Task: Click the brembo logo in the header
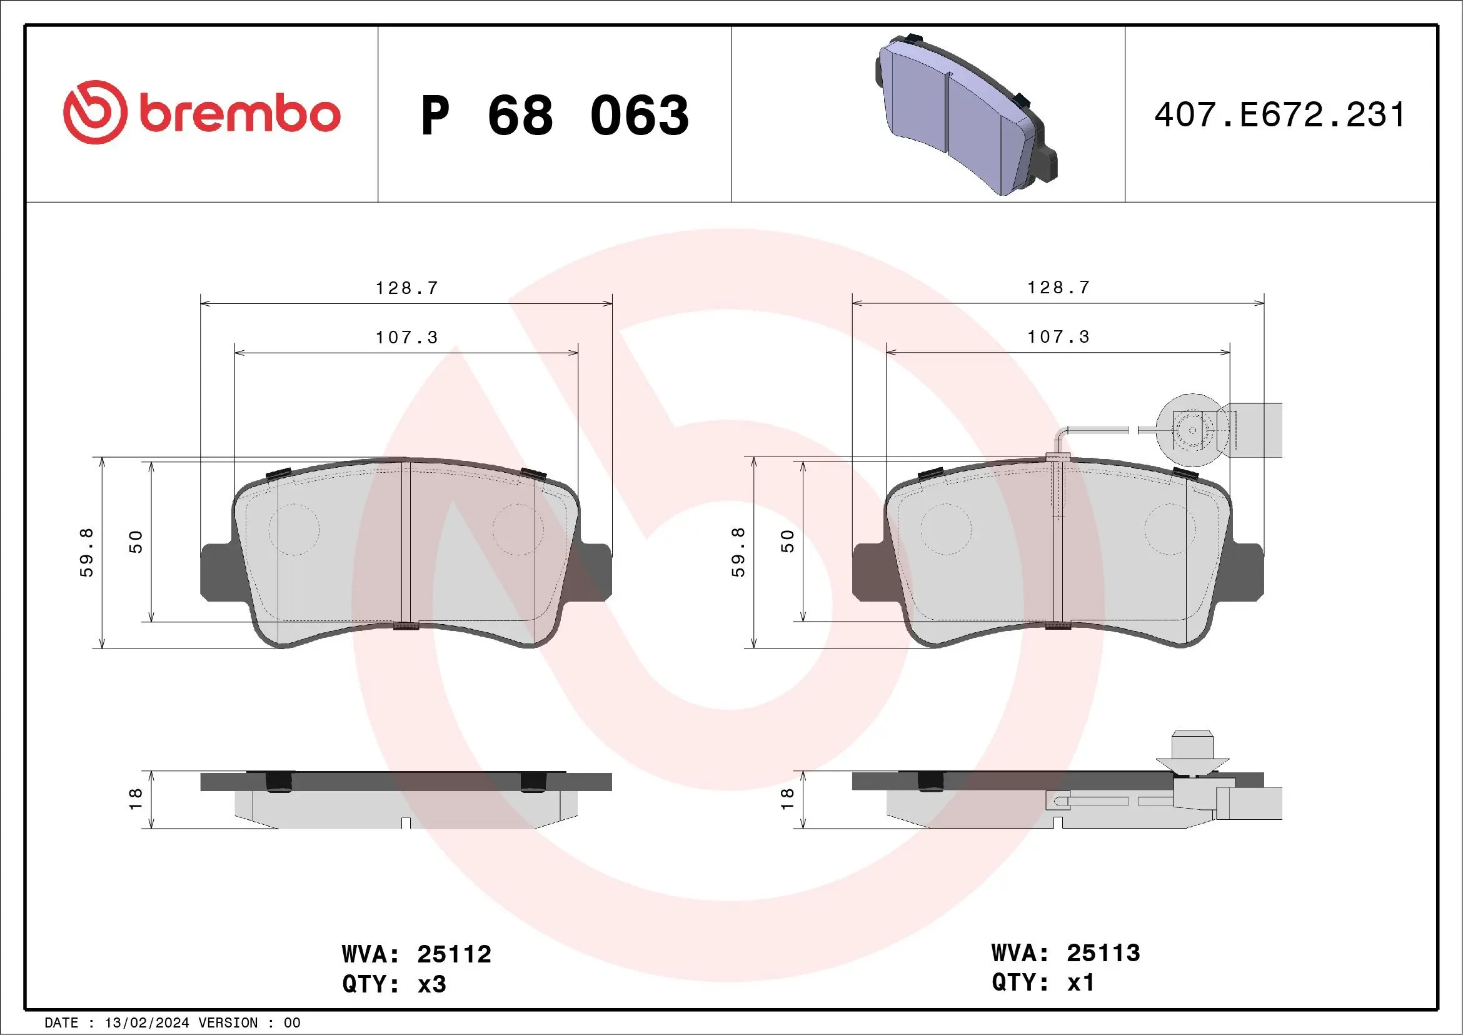click(201, 113)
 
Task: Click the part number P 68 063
click(555, 115)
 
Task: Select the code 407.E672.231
click(1279, 115)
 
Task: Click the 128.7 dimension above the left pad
click(406, 288)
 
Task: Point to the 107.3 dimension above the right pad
click(1058, 336)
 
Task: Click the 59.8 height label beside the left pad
click(87, 552)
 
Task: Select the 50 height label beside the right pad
click(788, 541)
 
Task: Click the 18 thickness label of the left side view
click(136, 799)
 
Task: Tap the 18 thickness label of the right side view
click(788, 799)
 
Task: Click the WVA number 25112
click(454, 954)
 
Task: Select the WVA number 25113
click(1103, 953)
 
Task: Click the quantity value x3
click(431, 984)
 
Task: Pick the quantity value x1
click(1081, 982)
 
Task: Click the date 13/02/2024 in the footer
click(146, 1023)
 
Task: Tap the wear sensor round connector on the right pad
click(1192, 430)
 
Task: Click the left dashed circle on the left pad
click(294, 529)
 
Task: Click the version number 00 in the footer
click(292, 1023)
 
